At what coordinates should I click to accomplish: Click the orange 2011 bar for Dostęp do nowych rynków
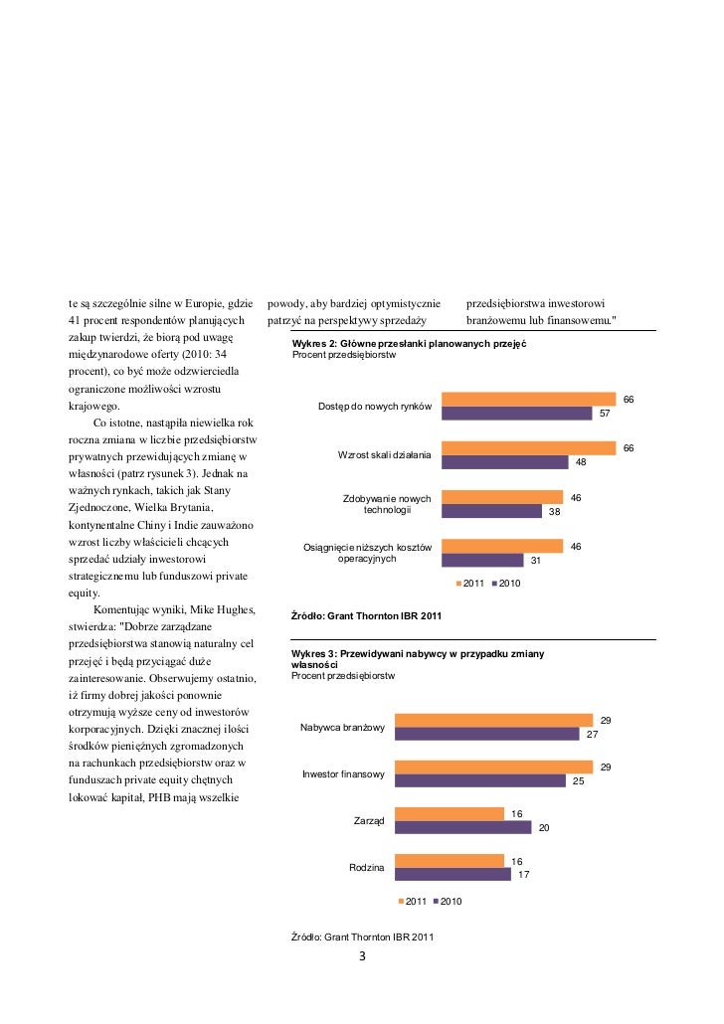(528, 399)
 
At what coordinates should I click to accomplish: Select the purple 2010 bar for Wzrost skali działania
(504, 462)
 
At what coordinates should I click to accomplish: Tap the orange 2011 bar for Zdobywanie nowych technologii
(501, 496)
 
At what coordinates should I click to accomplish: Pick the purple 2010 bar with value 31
(482, 560)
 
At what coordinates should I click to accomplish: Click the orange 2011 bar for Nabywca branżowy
(493, 720)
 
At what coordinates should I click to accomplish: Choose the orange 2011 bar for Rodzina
(450, 860)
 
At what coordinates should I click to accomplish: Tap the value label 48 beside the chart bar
(581, 462)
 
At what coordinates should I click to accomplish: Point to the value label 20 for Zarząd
(543, 828)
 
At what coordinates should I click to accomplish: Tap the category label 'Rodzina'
(367, 868)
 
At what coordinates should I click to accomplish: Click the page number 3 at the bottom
(362, 957)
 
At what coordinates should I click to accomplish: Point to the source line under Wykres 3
(362, 936)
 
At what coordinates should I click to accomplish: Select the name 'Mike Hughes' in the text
(199, 608)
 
